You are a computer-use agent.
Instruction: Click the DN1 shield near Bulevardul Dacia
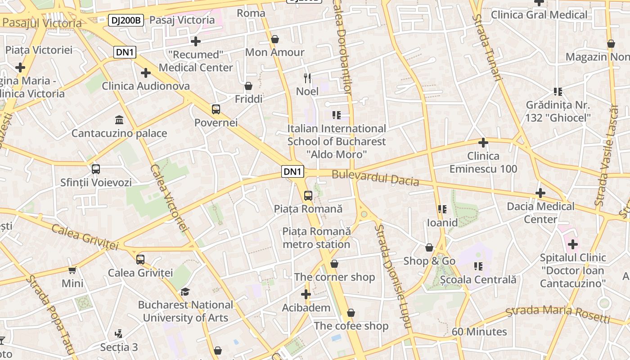click(292, 171)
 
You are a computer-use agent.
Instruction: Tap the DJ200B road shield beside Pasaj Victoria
click(126, 20)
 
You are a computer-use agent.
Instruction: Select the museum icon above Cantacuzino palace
click(119, 120)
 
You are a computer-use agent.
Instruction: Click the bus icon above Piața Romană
click(308, 196)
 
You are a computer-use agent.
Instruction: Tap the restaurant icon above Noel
click(307, 78)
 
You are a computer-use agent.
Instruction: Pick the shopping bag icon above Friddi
click(248, 85)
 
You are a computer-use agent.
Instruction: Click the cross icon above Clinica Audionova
click(146, 72)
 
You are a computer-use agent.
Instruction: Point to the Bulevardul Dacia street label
click(375, 178)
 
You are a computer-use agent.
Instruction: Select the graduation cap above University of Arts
click(185, 292)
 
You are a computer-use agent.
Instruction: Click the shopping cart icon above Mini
click(72, 270)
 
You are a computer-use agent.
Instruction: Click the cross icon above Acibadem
click(306, 295)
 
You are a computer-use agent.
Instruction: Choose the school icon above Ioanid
click(442, 209)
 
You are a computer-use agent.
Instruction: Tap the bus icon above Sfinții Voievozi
click(96, 169)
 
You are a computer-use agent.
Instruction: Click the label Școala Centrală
click(478, 279)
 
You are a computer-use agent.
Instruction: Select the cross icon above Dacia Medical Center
click(540, 193)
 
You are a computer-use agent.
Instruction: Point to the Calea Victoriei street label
click(169, 198)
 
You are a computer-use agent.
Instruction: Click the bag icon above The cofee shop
click(351, 312)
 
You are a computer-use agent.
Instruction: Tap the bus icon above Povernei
click(216, 109)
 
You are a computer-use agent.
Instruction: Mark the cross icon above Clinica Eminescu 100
click(483, 143)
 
